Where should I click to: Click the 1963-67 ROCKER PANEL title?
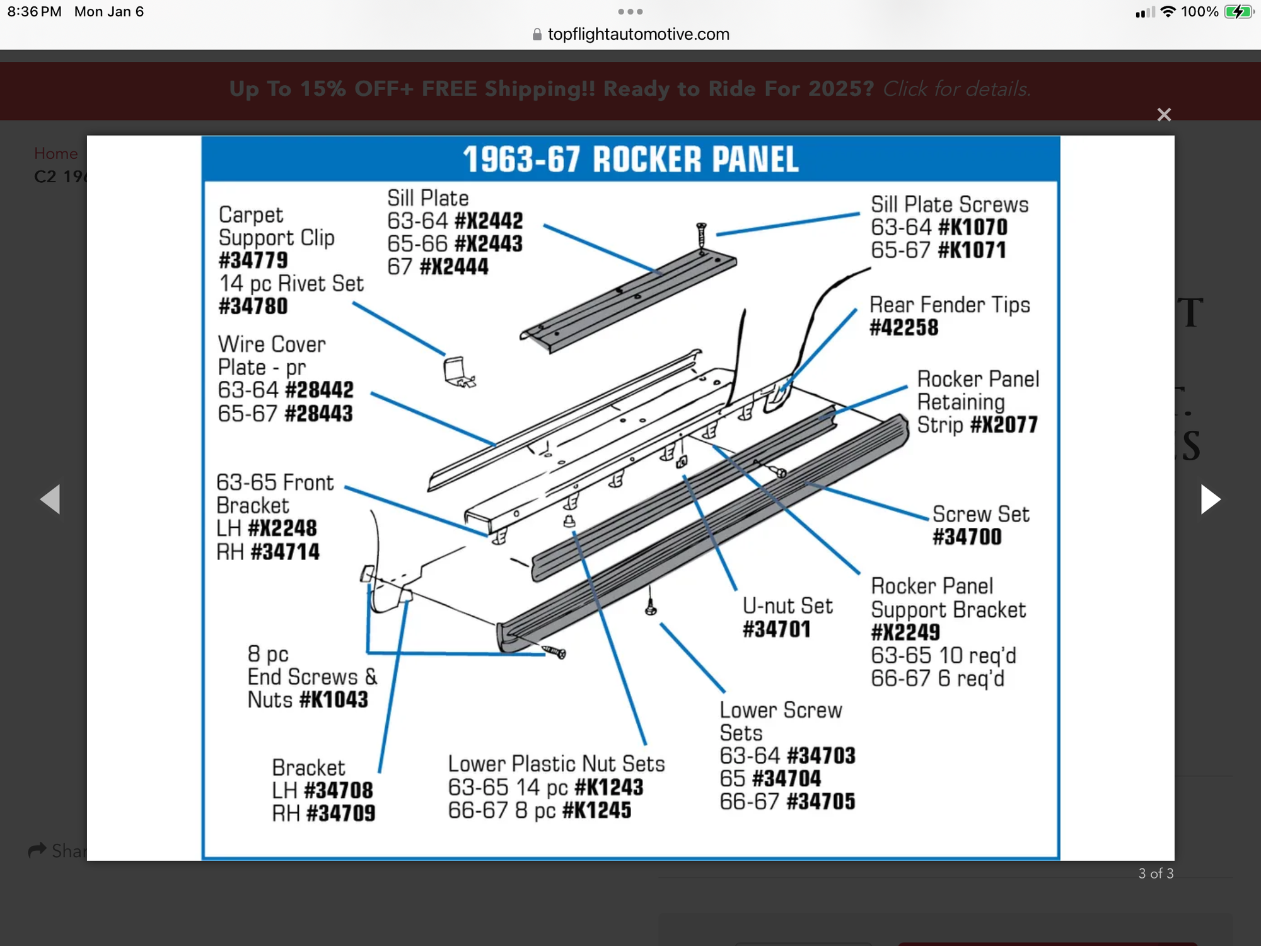coord(630,159)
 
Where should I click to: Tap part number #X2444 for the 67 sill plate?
coord(454,267)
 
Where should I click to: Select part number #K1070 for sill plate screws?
coord(973,227)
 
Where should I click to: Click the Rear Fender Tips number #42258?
coord(904,328)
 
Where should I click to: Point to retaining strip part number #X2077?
coord(1004,425)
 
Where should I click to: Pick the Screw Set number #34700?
coord(967,537)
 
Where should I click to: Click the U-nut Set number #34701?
coord(776,629)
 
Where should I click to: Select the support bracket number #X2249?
coord(905,633)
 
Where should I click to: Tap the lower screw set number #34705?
coord(821,802)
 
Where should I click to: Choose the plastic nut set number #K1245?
coord(596,810)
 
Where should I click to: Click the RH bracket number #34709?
coord(340,814)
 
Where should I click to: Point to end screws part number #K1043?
coord(334,700)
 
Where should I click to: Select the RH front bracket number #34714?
coord(285,552)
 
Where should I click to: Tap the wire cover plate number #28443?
coord(318,414)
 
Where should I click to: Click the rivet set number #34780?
coord(253,307)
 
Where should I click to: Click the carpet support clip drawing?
coord(458,372)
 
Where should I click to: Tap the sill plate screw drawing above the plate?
coord(700,237)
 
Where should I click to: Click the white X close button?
coord(1164,115)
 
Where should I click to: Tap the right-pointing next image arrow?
coord(1210,499)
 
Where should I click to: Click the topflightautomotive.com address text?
coord(638,34)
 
